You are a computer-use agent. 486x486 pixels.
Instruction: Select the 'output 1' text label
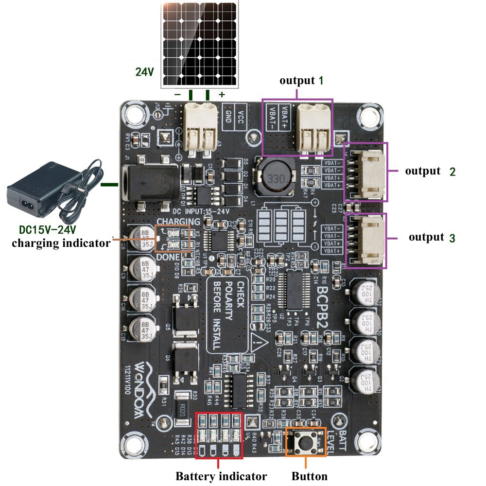tap(301, 81)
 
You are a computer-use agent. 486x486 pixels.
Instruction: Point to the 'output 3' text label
tap(432, 237)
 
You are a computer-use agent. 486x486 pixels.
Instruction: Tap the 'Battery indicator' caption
tap(221, 476)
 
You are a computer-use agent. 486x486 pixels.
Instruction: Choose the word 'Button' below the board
tap(310, 476)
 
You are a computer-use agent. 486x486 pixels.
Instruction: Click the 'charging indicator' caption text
tap(61, 243)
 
